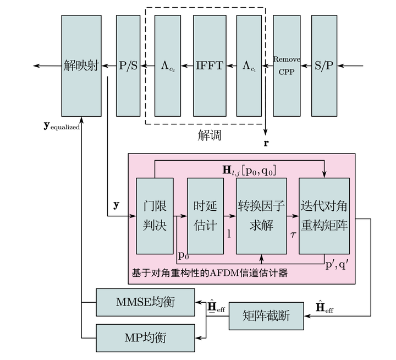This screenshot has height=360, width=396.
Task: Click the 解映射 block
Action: (x=81, y=66)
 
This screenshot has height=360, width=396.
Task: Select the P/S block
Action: (x=128, y=66)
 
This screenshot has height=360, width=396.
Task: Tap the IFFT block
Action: (x=209, y=66)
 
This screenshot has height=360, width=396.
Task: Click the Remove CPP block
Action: (x=287, y=66)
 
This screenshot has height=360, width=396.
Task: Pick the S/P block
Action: (x=324, y=66)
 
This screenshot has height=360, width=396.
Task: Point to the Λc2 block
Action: (x=167, y=66)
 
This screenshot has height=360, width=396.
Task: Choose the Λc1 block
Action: (x=249, y=66)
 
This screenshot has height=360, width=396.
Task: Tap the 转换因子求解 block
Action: (x=261, y=216)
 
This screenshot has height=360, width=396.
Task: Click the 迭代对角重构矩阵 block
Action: (x=324, y=216)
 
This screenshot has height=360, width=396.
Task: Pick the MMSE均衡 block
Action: (x=145, y=302)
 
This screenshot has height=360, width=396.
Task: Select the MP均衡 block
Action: (x=145, y=335)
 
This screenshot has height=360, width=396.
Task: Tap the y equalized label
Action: (x=61, y=126)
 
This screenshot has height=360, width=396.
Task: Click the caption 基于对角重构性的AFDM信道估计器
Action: (x=210, y=272)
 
